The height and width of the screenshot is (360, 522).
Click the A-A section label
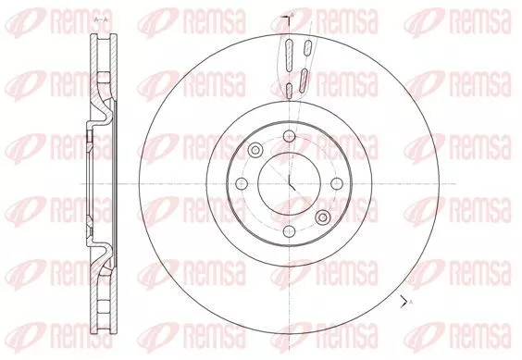pos(101,20)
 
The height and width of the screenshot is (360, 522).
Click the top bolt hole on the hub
pos(290,136)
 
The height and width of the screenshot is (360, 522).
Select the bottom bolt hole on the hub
pos(290,230)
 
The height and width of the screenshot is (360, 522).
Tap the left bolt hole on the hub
pos(242,183)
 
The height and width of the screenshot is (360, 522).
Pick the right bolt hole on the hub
pos(337,183)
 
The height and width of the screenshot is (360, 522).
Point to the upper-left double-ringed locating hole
pos(255,150)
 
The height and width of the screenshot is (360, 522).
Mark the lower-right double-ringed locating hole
pos(323,217)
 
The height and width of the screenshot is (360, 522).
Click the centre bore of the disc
pos(290,183)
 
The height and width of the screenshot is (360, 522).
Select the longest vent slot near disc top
pos(289,55)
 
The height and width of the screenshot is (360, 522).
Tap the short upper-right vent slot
pos(308,47)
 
